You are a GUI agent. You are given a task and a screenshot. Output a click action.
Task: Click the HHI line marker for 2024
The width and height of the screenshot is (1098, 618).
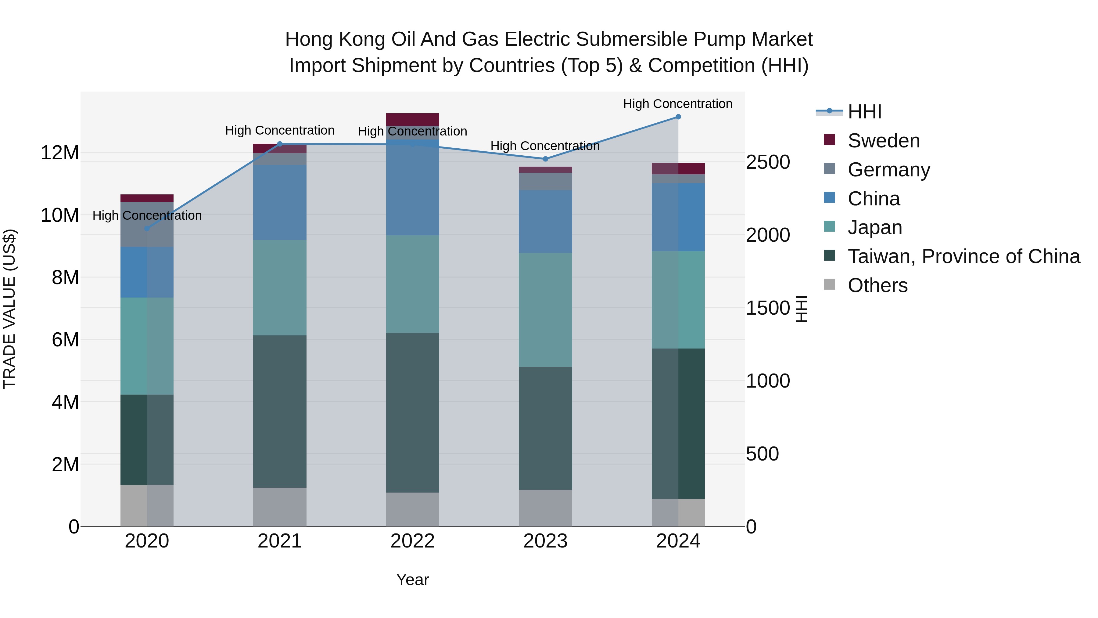tap(678, 117)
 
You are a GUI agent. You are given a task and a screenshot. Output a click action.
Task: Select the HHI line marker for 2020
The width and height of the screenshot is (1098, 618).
tap(147, 229)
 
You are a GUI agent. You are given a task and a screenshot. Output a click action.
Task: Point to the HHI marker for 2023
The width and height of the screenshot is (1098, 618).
tap(545, 159)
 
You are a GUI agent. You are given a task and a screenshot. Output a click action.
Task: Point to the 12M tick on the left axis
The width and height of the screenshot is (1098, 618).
tap(60, 153)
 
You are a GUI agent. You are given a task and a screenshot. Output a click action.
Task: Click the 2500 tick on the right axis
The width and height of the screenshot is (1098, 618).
tap(768, 162)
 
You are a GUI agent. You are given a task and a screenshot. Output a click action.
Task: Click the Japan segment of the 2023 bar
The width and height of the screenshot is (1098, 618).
tap(545, 310)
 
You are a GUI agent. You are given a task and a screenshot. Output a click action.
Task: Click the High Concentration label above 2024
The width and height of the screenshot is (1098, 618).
tap(677, 104)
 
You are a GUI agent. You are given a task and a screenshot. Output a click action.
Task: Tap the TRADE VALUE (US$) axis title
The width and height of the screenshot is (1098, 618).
tap(9, 309)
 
